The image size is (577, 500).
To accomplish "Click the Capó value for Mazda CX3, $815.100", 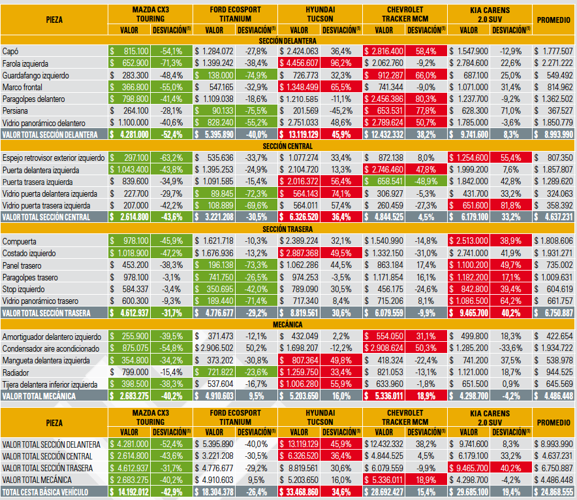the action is [129, 51].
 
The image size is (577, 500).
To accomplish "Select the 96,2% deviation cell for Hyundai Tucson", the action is [341, 63].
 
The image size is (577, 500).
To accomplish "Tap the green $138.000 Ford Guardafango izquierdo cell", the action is [214, 75].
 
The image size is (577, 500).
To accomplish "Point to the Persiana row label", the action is [15, 111].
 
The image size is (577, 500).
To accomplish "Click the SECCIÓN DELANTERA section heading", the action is [287, 41].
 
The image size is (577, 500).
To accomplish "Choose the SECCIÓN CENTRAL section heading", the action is [287, 146].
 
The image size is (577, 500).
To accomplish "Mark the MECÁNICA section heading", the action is [287, 325].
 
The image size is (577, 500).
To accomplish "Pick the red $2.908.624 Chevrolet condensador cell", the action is [383, 348].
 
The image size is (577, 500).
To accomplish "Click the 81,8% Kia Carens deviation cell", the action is [511, 205].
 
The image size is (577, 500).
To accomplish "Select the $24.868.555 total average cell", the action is [554, 492].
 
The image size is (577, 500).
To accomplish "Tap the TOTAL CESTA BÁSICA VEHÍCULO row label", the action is [45, 492].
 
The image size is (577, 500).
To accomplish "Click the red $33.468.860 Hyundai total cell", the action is [299, 492].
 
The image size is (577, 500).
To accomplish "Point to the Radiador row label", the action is [16, 373].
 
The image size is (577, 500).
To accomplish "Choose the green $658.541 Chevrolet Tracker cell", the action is [383, 181].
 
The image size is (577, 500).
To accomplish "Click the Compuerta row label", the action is [19, 242].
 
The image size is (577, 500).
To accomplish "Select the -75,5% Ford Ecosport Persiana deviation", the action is [256, 110].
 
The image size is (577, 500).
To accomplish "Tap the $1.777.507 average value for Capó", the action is [554, 51].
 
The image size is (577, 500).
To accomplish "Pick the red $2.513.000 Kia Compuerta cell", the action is [469, 241].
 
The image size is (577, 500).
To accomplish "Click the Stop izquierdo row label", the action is [23, 290].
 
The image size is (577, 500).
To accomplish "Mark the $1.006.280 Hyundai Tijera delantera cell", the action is [299, 384].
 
